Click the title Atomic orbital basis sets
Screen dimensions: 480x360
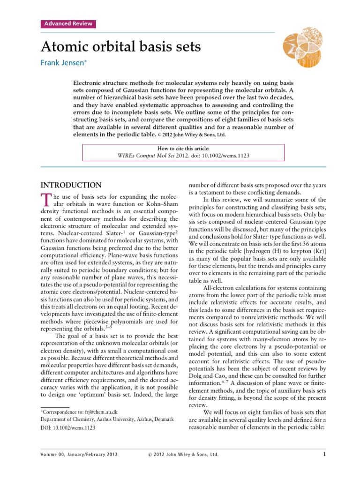pyautogui.click(x=121, y=47)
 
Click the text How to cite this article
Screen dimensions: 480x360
pyautogui.click(x=183, y=149)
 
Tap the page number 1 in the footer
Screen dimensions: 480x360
pyautogui.click(x=324, y=454)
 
